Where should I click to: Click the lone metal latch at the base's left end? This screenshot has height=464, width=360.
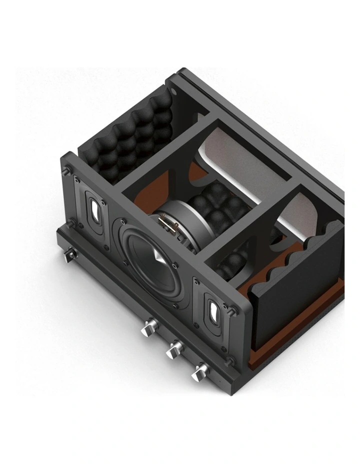pos(69,256)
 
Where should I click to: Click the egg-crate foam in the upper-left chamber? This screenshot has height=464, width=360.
pos(130,132)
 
